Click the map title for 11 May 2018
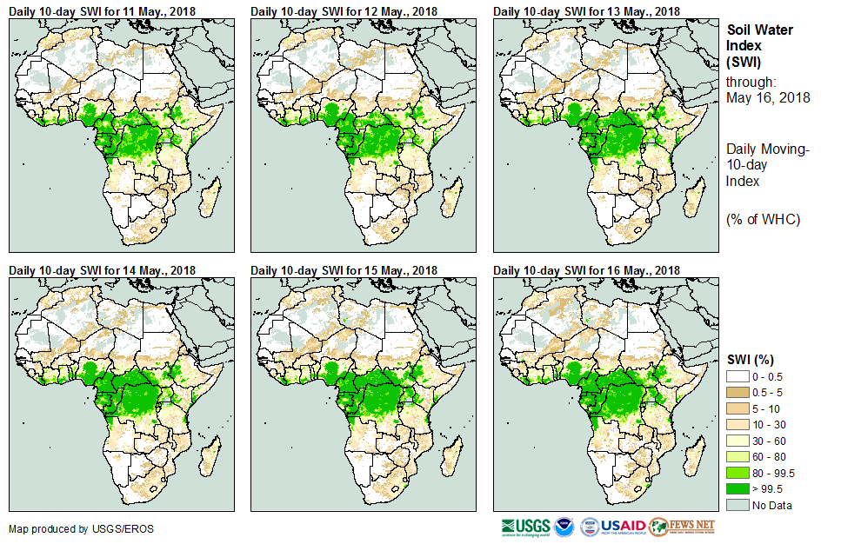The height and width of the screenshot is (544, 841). point(102,10)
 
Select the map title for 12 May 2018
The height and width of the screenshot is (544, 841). point(344,10)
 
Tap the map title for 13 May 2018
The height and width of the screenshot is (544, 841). point(587,10)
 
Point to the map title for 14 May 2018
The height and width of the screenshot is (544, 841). point(102,270)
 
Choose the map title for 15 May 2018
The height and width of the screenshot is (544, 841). point(344,270)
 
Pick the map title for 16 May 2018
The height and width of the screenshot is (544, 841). point(587,270)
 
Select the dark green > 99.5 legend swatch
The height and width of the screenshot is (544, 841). point(738,489)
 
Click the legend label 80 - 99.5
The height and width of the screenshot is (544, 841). point(775,473)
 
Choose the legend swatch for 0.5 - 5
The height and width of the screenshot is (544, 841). point(738,391)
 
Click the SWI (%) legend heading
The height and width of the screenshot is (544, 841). point(751,359)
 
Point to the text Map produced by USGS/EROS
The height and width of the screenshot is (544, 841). point(81,528)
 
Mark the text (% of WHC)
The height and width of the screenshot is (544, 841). point(763,219)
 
